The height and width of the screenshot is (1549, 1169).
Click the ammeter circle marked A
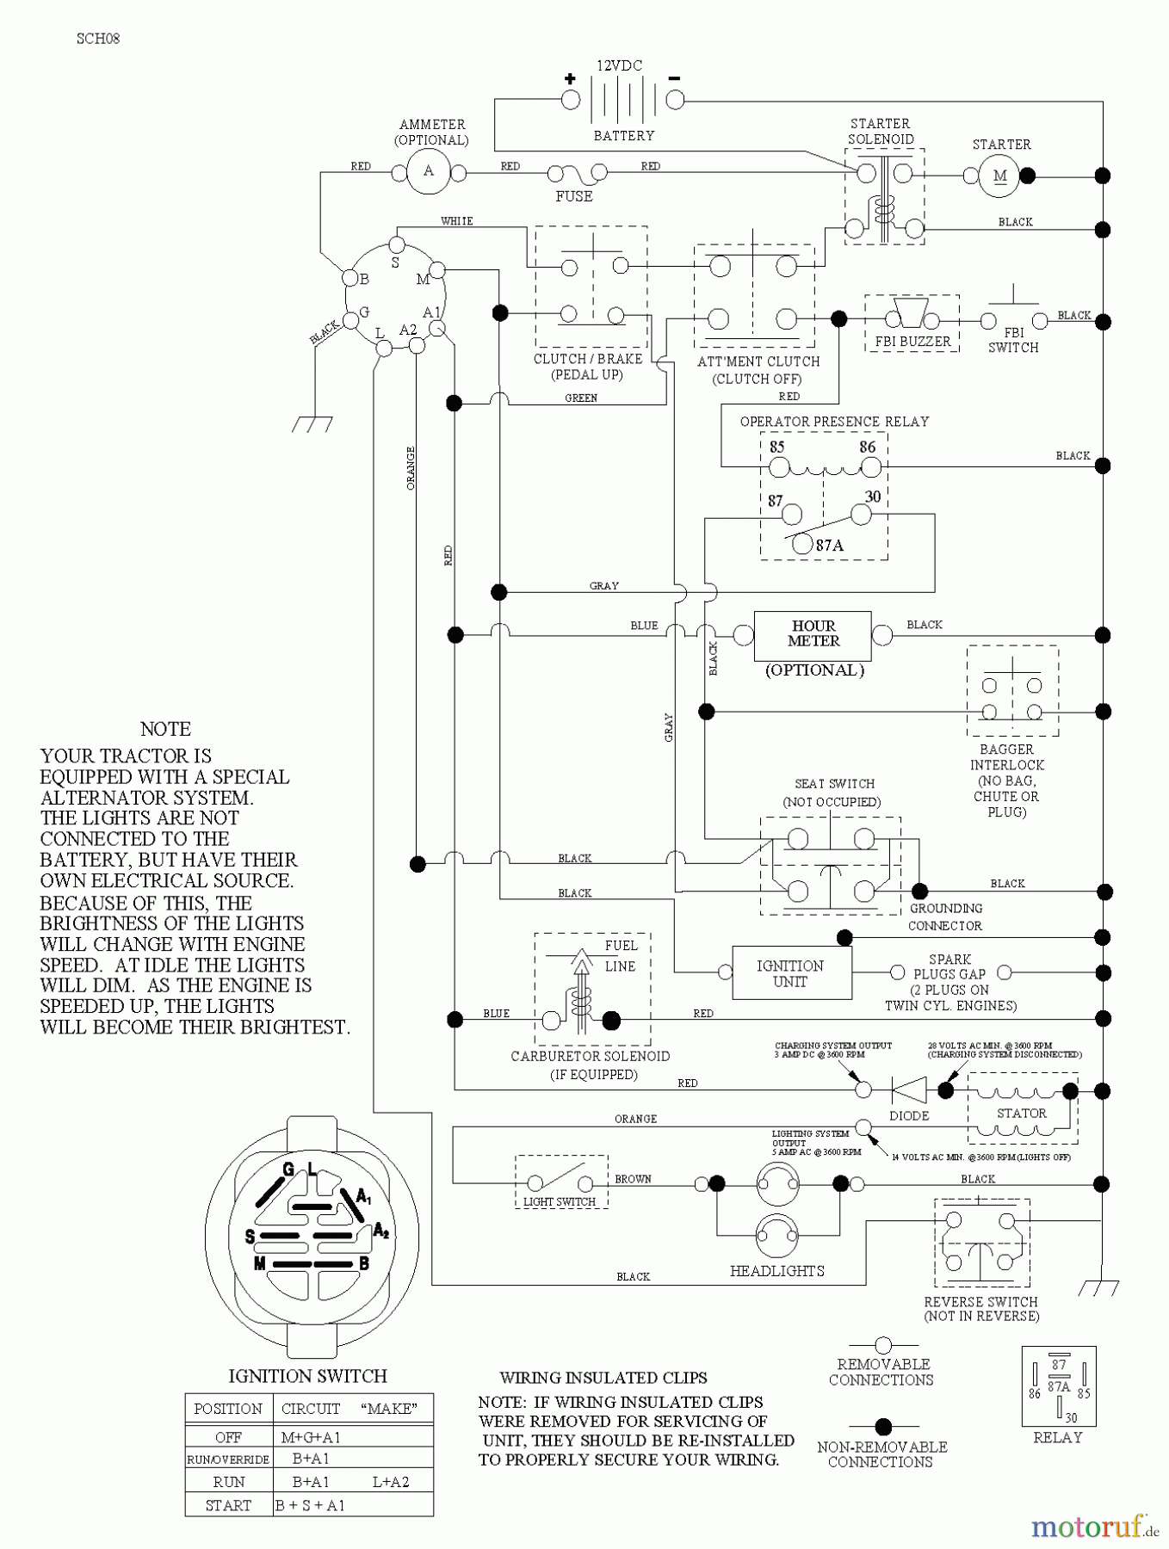(x=429, y=171)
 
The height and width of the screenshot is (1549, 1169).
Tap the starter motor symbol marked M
(x=999, y=176)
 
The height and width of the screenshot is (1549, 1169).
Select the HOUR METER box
(x=813, y=634)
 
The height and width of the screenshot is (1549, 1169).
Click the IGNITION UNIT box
(x=791, y=973)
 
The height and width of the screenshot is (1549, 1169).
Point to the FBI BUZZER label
(x=912, y=341)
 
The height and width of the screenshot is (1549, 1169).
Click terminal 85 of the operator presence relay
(x=779, y=467)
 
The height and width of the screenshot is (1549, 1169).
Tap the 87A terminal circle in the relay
(x=802, y=544)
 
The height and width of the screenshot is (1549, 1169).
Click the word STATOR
(x=1022, y=1113)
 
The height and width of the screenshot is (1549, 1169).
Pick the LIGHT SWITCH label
(x=560, y=1201)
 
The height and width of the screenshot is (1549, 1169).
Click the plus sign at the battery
(x=570, y=78)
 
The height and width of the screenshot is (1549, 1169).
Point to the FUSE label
(x=574, y=196)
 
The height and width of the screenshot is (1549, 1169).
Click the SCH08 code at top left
(x=97, y=39)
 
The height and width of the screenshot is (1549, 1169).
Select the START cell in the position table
(x=228, y=1505)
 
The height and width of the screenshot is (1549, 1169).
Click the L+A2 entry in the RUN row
(x=390, y=1482)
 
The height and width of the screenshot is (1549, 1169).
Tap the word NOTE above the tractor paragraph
(x=165, y=729)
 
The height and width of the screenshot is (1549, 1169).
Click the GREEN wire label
(x=581, y=398)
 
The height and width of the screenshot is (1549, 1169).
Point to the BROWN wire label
(x=633, y=1179)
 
